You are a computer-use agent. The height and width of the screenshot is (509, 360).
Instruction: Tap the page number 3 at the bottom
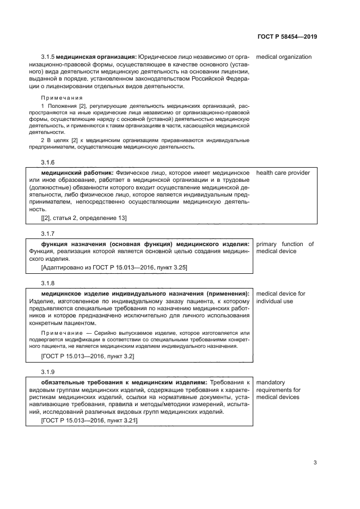click(x=315, y=463)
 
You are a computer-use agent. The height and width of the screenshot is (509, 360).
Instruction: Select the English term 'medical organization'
click(x=284, y=57)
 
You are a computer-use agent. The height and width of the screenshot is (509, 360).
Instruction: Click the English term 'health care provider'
click(x=283, y=173)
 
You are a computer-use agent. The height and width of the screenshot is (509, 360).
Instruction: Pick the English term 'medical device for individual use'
click(x=280, y=297)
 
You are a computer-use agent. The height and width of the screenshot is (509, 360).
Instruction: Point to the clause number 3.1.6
click(x=48, y=162)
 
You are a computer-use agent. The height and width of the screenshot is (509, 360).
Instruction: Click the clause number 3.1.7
click(x=48, y=233)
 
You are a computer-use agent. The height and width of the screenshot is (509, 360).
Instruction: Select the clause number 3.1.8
click(x=48, y=283)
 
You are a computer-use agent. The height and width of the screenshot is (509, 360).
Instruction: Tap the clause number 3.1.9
click(x=48, y=372)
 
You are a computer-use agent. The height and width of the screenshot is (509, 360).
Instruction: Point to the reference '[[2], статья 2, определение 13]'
click(x=84, y=218)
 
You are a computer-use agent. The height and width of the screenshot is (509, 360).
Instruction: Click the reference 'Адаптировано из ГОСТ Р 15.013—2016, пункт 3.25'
click(x=114, y=267)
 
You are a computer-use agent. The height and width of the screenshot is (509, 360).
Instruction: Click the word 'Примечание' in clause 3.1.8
click(x=59, y=333)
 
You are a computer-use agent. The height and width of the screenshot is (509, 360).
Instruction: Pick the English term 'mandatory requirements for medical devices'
click(x=278, y=390)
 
